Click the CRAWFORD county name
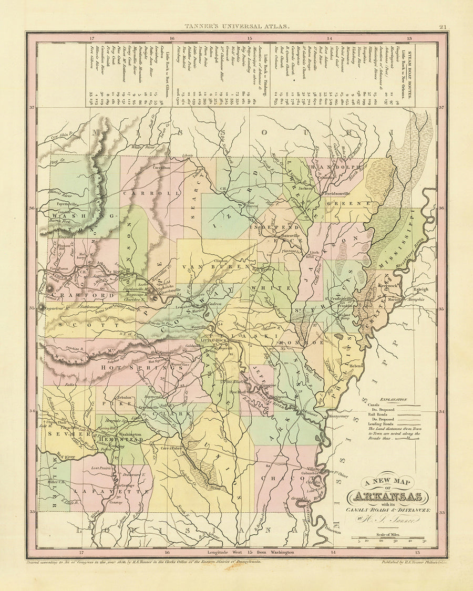click(x=70, y=296)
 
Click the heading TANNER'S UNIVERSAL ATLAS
click(x=236, y=26)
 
